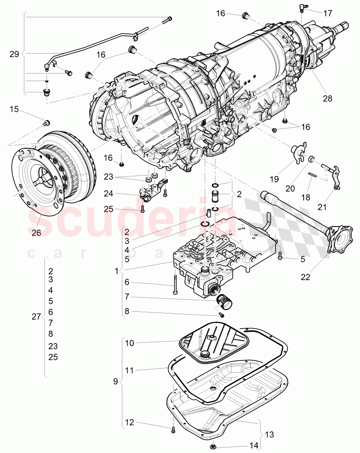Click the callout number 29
pyautogui.click(x=14, y=54)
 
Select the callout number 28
pyautogui.click(x=327, y=98)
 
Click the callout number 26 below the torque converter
pyautogui.click(x=36, y=233)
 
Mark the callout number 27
pyautogui.click(x=36, y=316)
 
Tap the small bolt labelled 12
pyautogui.click(x=173, y=430)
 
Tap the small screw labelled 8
pyautogui.click(x=221, y=315)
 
